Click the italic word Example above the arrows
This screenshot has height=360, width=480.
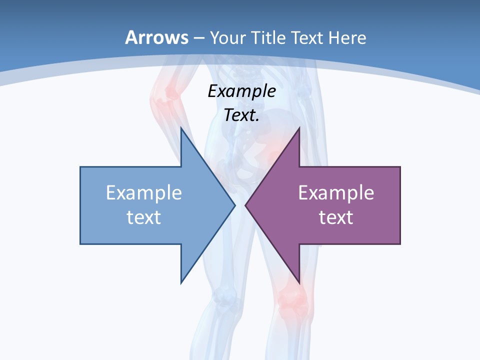click(x=241, y=91)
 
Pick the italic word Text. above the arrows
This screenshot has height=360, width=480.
click(x=241, y=115)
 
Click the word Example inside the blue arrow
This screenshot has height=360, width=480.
click(x=144, y=193)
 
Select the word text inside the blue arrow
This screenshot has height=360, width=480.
click(x=144, y=217)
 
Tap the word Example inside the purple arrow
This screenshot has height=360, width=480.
click(x=336, y=193)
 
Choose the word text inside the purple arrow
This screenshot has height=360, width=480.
click(x=336, y=217)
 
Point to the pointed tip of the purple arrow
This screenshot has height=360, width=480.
click(x=246, y=205)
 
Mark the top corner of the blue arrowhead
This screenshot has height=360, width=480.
click(x=181, y=128)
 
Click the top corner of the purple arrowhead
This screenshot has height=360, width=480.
click(x=299, y=128)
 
